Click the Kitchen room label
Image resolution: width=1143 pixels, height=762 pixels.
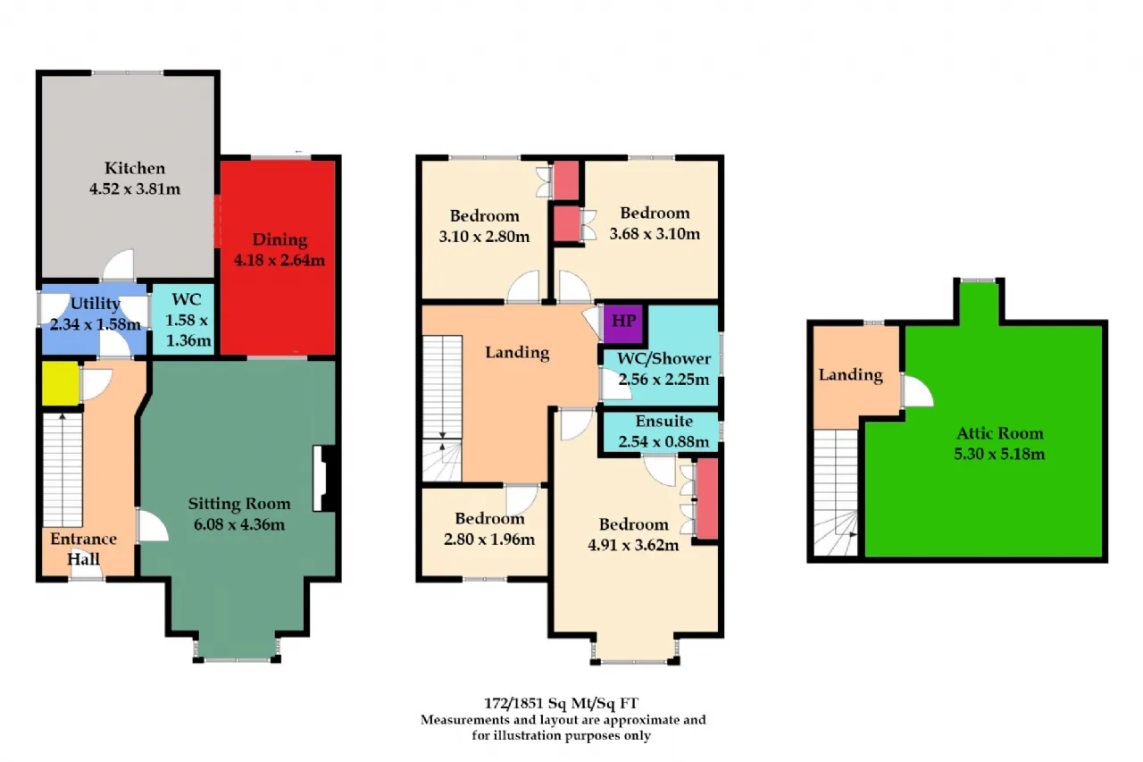point(135,168)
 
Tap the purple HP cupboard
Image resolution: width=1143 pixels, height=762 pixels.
point(623,324)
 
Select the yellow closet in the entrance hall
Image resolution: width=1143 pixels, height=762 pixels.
point(60,382)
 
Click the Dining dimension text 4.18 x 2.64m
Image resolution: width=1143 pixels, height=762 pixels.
point(279,260)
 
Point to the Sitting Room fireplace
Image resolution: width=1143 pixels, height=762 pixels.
point(324,478)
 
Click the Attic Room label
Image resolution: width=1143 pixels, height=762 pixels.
point(999,433)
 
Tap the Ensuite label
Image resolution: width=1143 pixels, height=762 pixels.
point(663,421)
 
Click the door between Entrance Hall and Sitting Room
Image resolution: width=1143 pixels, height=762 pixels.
point(153,525)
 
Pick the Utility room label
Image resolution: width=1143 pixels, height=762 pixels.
point(95,304)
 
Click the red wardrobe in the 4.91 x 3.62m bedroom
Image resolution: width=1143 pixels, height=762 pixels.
point(707,498)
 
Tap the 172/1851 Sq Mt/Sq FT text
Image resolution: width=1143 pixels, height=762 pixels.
point(561,703)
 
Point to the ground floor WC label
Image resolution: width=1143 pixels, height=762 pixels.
point(187,299)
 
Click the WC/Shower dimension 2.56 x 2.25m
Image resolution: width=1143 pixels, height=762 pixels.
point(663,380)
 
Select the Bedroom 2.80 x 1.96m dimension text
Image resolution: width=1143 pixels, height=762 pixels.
point(489,540)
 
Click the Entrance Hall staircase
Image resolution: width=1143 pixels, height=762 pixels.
point(63,470)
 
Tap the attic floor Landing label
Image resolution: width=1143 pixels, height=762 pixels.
point(851,375)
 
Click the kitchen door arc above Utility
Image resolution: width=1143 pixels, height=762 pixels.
point(119,265)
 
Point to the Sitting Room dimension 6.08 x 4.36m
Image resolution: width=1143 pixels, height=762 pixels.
point(238,524)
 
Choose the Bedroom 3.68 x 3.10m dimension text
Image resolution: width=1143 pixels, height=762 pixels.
point(655,234)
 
